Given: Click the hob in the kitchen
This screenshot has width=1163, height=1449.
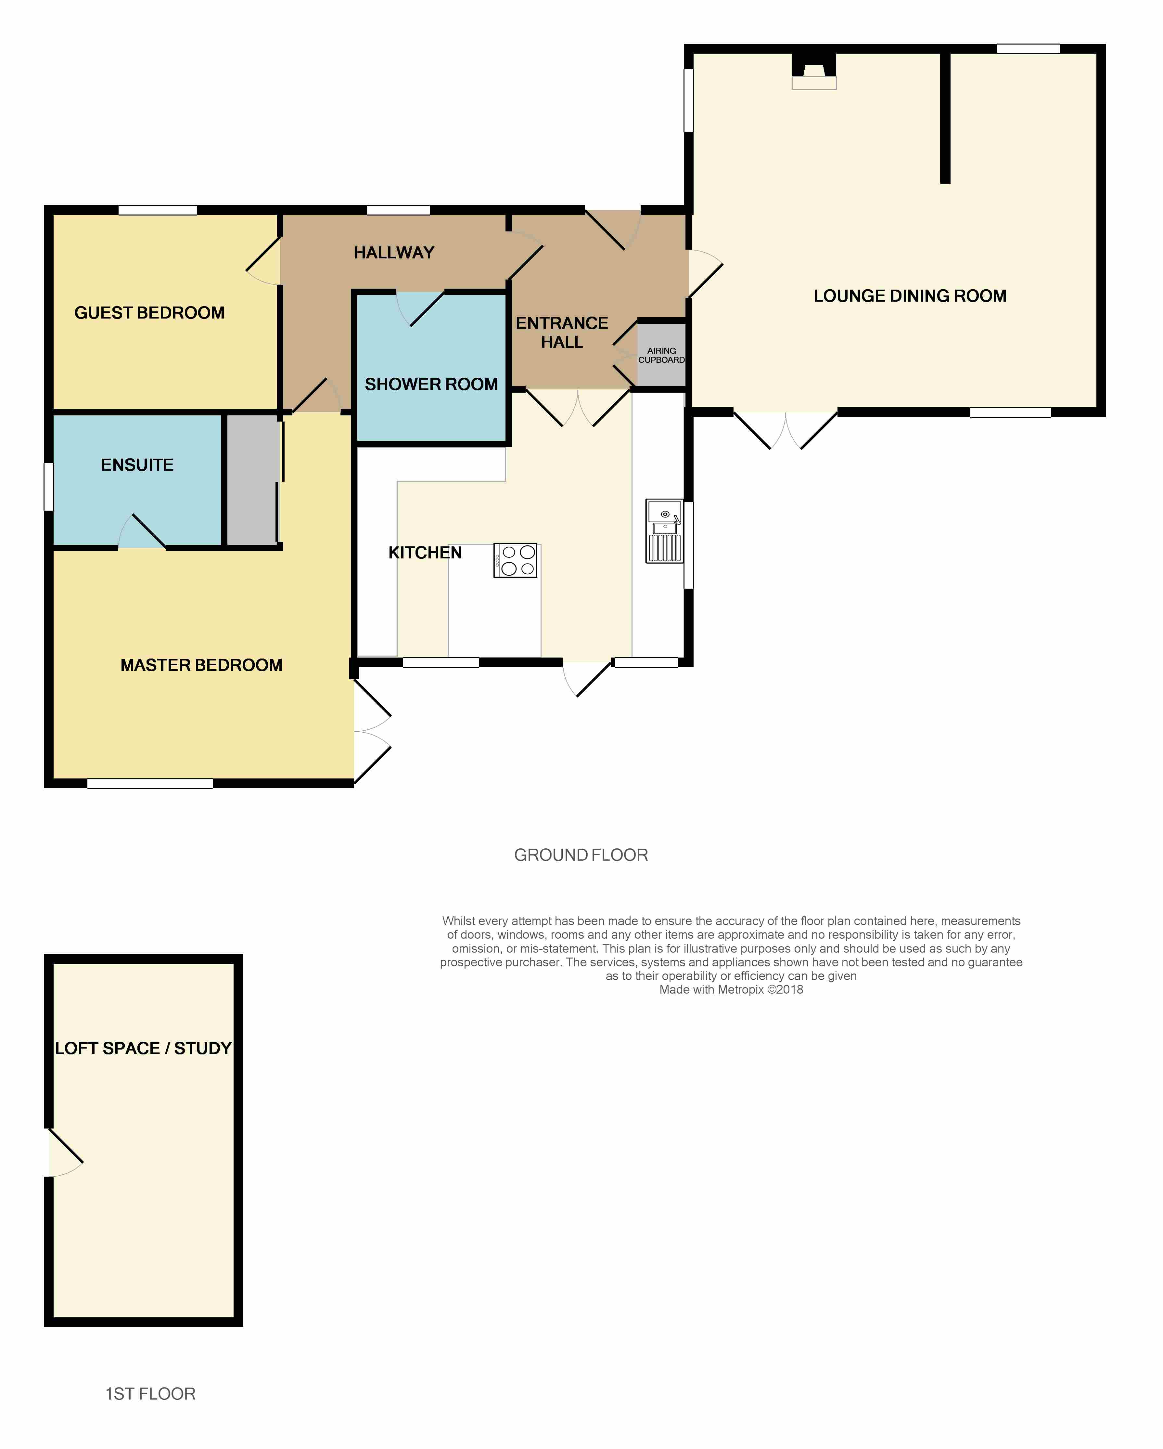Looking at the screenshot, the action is point(515,560).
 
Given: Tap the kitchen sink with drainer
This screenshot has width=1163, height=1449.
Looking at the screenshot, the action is point(664,530).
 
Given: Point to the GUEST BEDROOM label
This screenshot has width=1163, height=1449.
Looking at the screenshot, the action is point(149,312).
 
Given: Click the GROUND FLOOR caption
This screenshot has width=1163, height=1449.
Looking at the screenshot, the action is point(581,855).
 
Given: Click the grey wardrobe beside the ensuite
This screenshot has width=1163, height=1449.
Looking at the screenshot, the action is point(252,480).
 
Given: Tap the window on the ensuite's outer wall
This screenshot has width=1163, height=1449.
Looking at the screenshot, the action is point(48,487).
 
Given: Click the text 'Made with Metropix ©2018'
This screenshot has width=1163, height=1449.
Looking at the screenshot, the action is point(731,989).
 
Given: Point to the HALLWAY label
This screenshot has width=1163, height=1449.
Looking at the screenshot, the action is point(394,253).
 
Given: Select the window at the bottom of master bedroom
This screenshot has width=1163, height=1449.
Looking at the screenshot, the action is point(150,783).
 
